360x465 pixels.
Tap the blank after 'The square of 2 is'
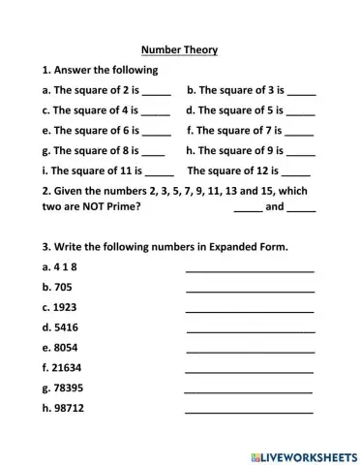(157, 93)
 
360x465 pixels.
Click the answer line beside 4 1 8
(250, 270)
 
